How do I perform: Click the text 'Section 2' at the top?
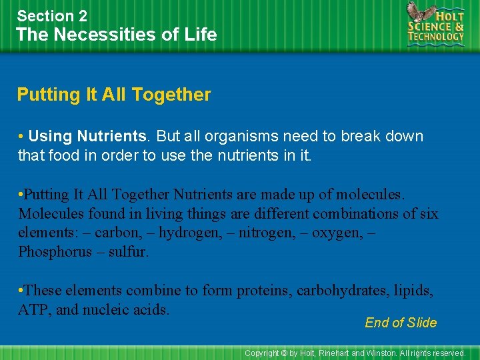pos(52,15)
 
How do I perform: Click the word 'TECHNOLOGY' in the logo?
pos(436,37)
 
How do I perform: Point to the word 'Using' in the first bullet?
pos(50,136)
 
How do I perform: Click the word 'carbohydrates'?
pos(341,291)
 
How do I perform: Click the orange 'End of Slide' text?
pos(401,323)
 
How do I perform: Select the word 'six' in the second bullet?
pos(427,214)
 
